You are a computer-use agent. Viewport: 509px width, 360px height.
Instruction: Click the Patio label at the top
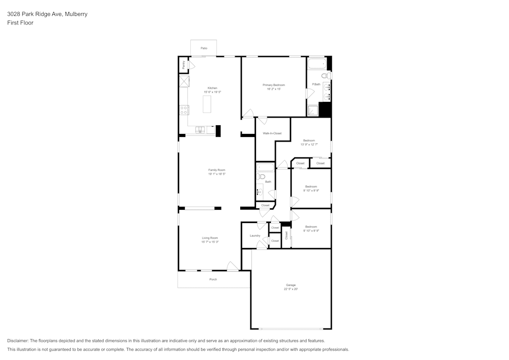click(204, 48)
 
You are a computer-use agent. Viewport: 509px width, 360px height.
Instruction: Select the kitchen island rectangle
click(207, 104)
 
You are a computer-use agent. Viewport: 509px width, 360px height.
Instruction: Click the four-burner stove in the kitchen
click(184, 110)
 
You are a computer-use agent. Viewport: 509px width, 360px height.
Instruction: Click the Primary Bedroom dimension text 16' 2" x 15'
click(274, 89)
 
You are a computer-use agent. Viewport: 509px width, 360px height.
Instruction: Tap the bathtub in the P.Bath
click(317, 64)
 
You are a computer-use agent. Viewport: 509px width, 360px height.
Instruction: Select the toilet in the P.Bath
click(328, 76)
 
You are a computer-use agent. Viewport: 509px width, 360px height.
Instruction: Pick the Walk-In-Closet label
click(272, 133)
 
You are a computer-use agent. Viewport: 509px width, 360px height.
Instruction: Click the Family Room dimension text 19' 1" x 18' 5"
click(216, 174)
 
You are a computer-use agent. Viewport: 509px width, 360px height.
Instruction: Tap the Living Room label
click(210, 238)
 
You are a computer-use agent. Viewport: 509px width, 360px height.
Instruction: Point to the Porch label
click(213, 280)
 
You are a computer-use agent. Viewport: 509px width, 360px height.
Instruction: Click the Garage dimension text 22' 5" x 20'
click(291, 289)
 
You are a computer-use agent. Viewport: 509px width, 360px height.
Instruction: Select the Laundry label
click(255, 236)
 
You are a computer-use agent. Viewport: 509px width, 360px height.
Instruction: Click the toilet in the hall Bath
click(261, 177)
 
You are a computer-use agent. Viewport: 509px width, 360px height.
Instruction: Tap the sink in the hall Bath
click(260, 191)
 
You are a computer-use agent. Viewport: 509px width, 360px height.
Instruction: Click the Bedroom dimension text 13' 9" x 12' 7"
click(309, 145)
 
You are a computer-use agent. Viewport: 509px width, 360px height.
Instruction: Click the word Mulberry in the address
click(76, 14)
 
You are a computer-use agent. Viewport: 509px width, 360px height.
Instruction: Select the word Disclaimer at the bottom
click(18, 341)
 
